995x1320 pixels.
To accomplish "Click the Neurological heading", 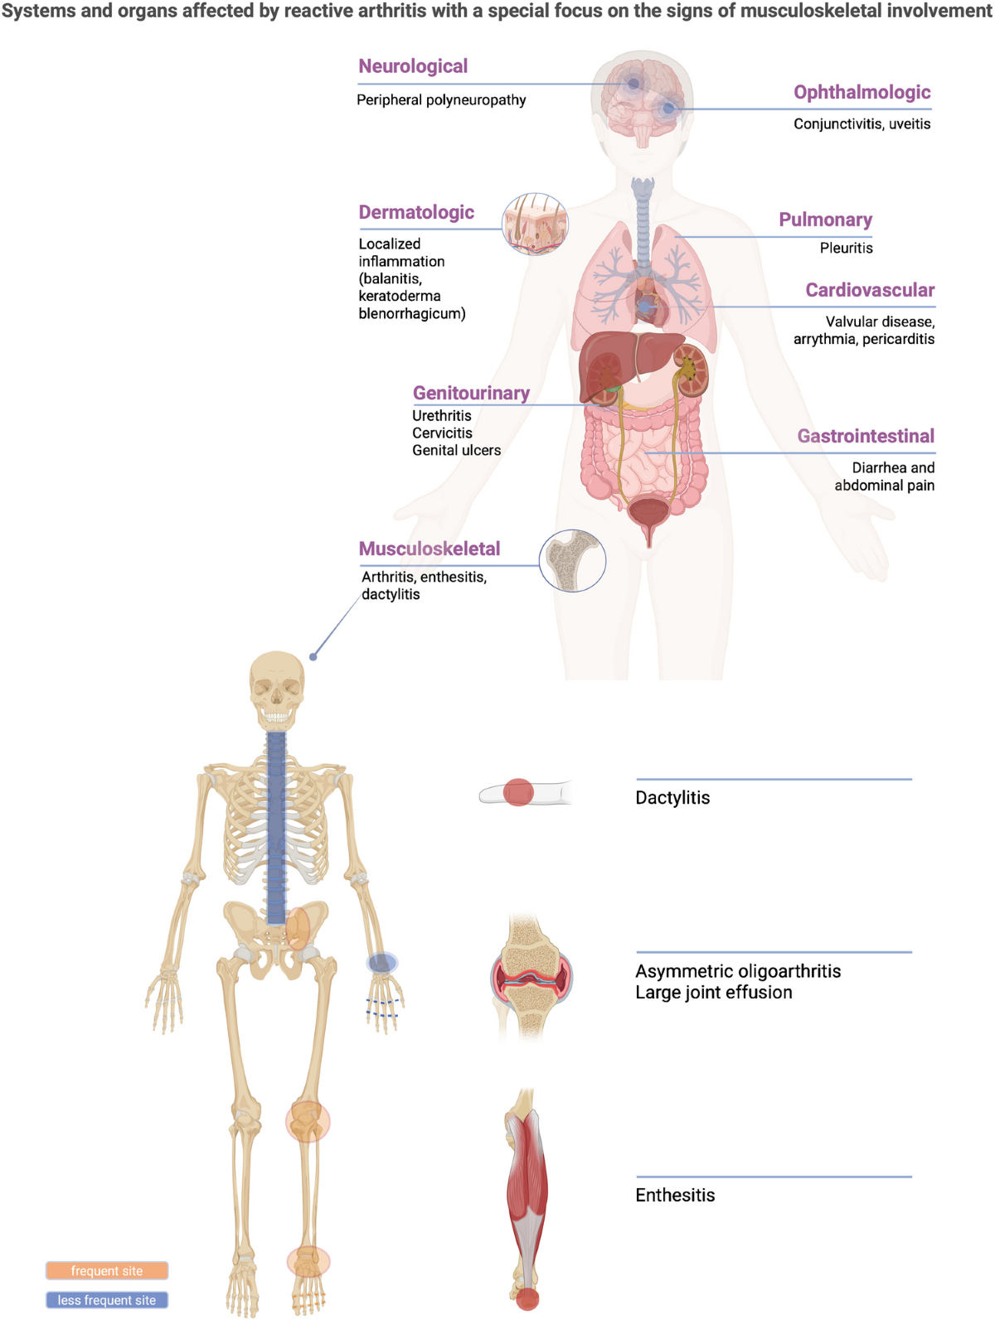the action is point(413,66).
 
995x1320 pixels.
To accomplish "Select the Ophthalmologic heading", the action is point(862,92).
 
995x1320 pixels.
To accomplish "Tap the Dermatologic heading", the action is point(416,212).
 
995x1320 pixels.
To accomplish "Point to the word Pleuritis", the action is point(846,248).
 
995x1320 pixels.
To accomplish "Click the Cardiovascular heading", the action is point(870,290).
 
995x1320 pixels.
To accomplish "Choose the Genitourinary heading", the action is point(471,393).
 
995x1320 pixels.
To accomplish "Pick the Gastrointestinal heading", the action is point(866,436).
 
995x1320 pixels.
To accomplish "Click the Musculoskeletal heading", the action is point(430,549).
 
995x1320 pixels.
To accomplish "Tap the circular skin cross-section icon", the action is point(536,224).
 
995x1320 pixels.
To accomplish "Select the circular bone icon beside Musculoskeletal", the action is point(572,561).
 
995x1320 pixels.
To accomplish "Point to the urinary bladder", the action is point(649,514).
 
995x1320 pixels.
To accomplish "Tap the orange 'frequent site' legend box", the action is point(107,1270).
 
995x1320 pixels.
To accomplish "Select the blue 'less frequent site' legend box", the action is point(107,1300).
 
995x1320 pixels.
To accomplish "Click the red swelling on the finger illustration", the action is point(518,792).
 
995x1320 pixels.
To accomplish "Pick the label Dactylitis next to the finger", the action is point(672,798).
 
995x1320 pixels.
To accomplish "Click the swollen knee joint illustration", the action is point(531,978).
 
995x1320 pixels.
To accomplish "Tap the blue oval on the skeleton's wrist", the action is point(382,962).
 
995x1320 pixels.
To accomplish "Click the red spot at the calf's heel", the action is point(527,1298).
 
